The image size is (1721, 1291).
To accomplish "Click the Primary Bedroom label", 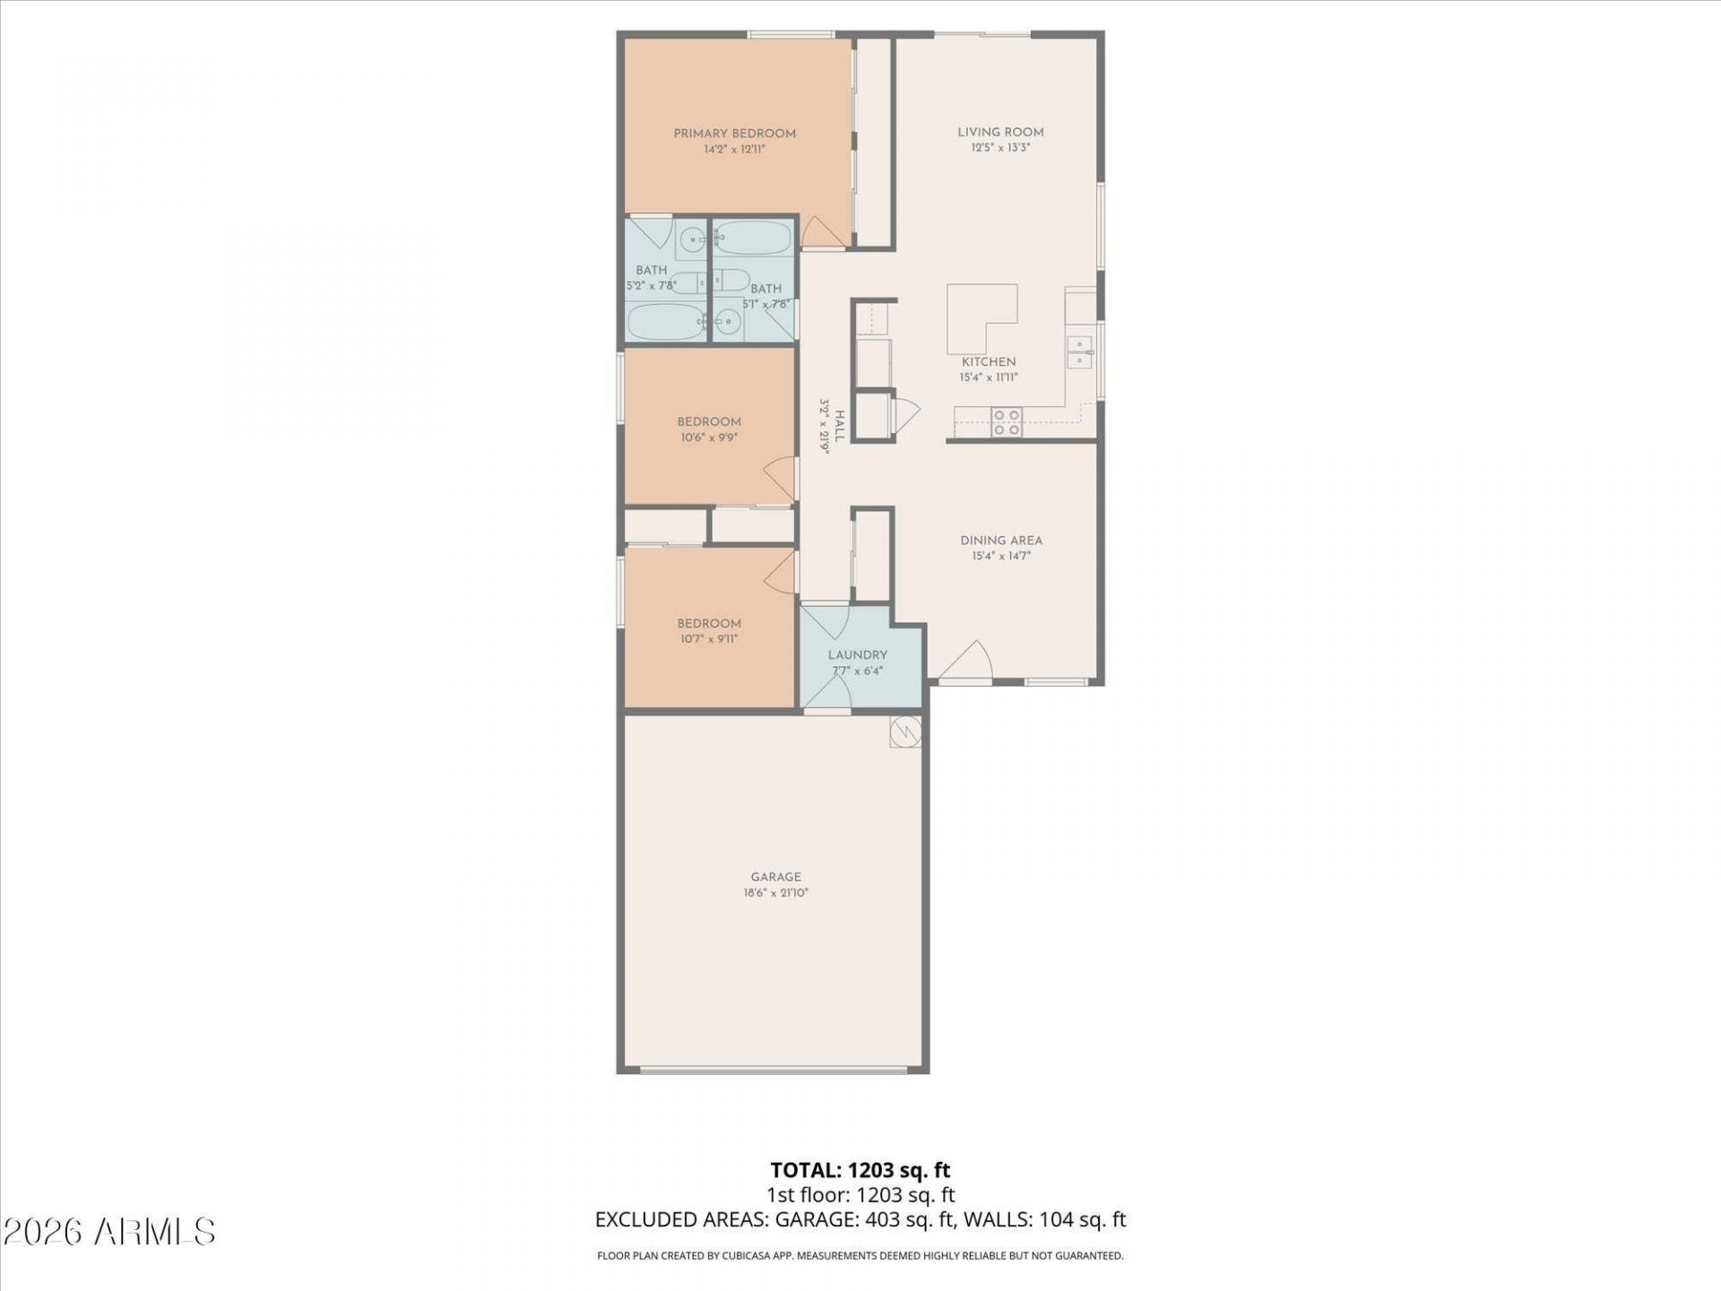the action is [x=734, y=134].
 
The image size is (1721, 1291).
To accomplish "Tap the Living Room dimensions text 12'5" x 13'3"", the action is [x=1000, y=148].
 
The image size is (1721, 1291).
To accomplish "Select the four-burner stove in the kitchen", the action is [x=1007, y=422].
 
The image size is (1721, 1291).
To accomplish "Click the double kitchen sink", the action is [x=1080, y=351].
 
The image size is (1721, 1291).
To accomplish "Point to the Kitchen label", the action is [x=989, y=362].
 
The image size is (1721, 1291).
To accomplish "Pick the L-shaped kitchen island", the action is [x=982, y=319].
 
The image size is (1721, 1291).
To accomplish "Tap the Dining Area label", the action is [x=1001, y=541].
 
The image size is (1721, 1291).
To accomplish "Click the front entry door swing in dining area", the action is [x=964, y=660].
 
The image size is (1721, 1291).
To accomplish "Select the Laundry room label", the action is [x=858, y=655].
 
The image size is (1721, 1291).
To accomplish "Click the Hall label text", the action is [x=840, y=427].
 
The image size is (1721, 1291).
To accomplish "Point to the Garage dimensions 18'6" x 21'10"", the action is [x=776, y=893].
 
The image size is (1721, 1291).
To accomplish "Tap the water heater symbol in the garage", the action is [x=905, y=732].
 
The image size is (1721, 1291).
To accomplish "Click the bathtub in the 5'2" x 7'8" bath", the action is [x=664, y=323].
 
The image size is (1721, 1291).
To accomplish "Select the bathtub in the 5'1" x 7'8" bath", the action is [x=754, y=238].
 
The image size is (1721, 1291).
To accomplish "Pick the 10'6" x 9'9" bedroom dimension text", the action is [x=709, y=438].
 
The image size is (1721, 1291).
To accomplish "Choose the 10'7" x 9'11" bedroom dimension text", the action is [x=709, y=639].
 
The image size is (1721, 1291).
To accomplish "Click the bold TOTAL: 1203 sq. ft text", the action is [x=860, y=1170].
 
